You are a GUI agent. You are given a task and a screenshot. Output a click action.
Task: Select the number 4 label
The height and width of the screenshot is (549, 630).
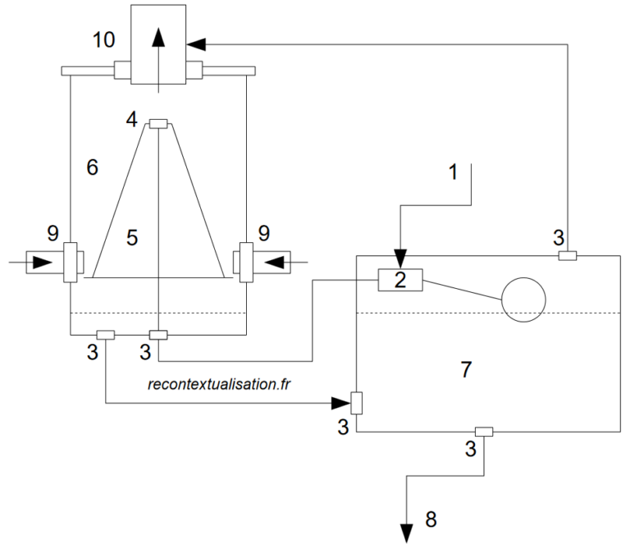(131, 120)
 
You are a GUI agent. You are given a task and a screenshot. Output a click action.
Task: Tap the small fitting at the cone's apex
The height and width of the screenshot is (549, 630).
(158, 124)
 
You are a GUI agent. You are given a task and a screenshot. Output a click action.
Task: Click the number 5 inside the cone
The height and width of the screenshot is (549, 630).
(131, 238)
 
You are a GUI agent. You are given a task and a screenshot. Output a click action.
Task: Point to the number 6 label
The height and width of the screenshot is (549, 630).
(92, 167)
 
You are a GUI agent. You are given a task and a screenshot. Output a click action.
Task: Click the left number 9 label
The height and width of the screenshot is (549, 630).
(52, 233)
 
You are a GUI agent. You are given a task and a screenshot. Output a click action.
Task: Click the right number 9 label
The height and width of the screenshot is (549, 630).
(264, 233)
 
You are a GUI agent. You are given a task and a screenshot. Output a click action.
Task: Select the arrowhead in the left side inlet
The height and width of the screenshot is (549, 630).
(41, 263)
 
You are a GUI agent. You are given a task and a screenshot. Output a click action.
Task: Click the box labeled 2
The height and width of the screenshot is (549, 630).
(399, 280)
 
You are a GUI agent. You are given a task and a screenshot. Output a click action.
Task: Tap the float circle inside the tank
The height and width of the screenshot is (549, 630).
(523, 299)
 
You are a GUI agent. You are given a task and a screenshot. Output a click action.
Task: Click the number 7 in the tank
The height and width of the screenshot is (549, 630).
(465, 369)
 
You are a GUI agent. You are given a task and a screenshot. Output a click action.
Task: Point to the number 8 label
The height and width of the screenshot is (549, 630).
(431, 519)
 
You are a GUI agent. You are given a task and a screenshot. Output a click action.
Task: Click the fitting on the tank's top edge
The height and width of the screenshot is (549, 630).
(567, 256)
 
